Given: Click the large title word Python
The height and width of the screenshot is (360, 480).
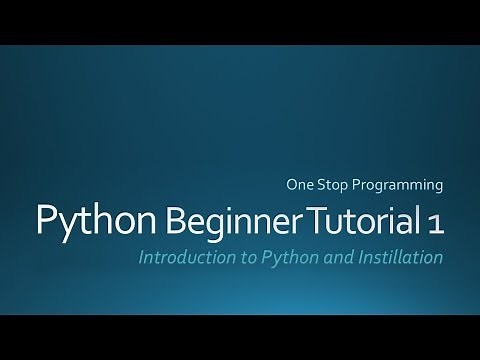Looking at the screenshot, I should pos(93,220).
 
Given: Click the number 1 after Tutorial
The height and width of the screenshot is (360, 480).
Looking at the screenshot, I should pos(433,218).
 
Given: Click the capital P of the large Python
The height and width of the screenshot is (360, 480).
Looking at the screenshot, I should pos(48,218).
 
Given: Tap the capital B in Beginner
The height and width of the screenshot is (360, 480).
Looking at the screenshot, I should pos(172,218).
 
